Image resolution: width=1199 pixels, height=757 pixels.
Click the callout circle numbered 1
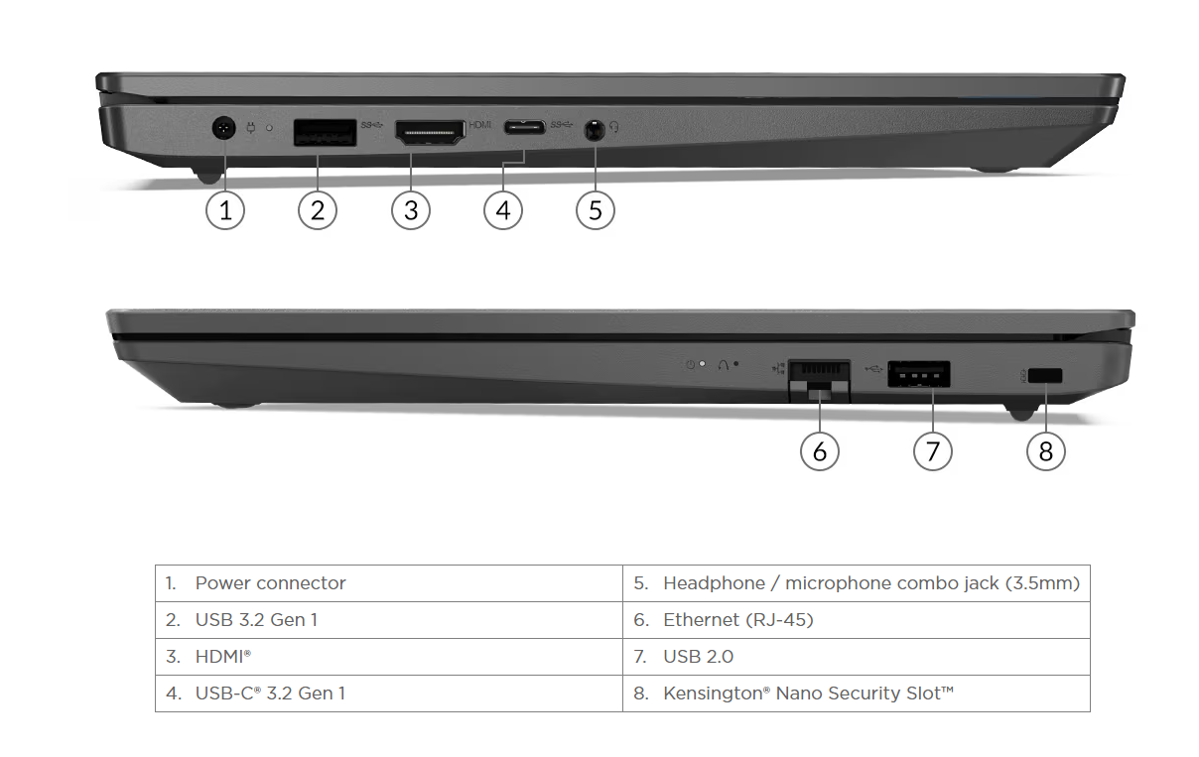pos(225,210)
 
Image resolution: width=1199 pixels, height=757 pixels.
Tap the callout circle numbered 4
pos(503,210)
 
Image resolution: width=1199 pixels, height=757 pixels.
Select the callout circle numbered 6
pos(820,451)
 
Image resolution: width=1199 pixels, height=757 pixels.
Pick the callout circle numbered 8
pos(1045,451)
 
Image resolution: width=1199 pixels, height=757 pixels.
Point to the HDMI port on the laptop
pos(430,132)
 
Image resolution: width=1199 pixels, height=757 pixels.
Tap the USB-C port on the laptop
pos(523,128)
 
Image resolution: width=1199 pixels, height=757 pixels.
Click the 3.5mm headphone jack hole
pos(595,129)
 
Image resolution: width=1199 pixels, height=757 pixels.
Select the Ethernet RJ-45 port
pos(819,376)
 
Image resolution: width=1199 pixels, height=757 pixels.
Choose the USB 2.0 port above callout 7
pos(918,374)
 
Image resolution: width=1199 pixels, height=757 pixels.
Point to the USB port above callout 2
pos(325,133)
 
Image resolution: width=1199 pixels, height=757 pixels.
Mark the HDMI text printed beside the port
pos(480,125)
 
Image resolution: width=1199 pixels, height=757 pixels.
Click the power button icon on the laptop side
pos(691,364)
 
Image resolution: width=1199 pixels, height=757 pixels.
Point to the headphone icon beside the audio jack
pos(614,127)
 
